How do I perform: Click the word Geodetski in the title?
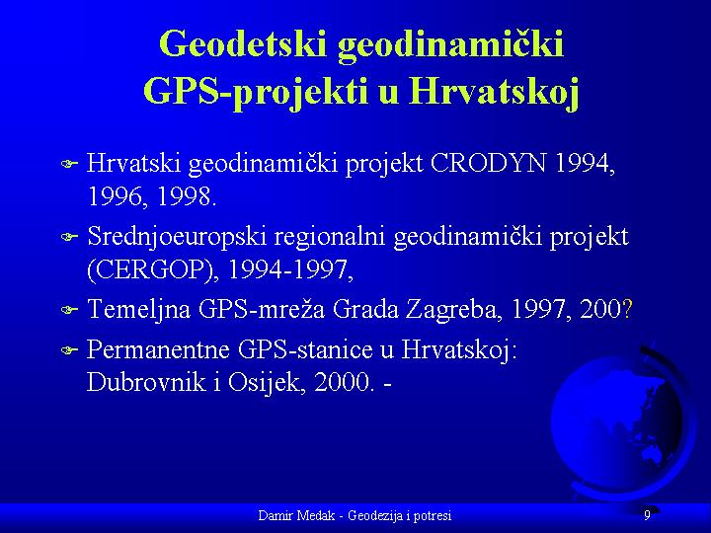(x=243, y=44)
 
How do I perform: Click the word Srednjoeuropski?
(x=177, y=238)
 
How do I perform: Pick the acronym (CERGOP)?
(x=150, y=270)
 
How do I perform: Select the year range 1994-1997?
(x=289, y=270)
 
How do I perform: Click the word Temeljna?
(x=139, y=310)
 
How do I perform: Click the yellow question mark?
(x=627, y=309)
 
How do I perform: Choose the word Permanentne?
(x=158, y=349)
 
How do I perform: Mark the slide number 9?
(x=647, y=515)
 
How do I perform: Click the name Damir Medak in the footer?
(x=296, y=515)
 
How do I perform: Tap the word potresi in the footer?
(x=433, y=516)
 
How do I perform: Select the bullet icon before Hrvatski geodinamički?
(x=70, y=163)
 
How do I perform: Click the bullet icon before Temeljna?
(x=70, y=311)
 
